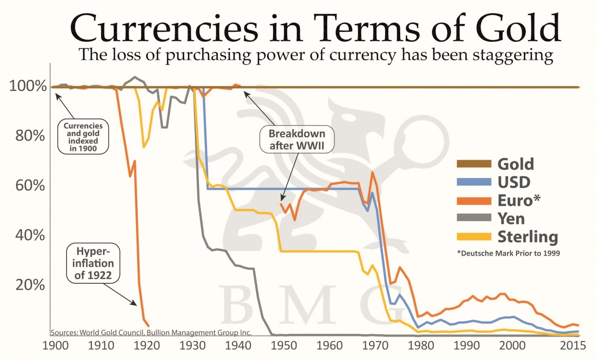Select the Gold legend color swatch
473,164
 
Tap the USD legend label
514,182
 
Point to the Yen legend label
511,218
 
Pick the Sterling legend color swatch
473,237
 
